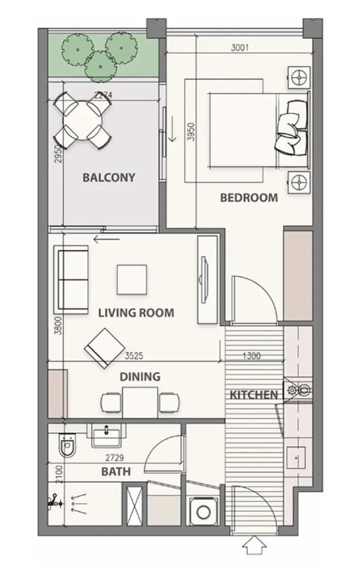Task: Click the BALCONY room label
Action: pos(108,178)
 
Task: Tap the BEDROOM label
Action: pos(249,197)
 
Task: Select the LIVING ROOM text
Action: pos(136,312)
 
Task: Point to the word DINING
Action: pos(140,376)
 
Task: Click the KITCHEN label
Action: pos(254,396)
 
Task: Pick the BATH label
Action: pos(116,471)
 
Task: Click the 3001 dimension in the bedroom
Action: pos(240,49)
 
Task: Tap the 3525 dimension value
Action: pos(134,356)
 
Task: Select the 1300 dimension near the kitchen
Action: pos(251,356)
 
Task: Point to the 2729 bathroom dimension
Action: pos(115,457)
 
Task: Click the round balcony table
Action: pos(83,121)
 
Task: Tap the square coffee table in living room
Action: pos(131,280)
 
